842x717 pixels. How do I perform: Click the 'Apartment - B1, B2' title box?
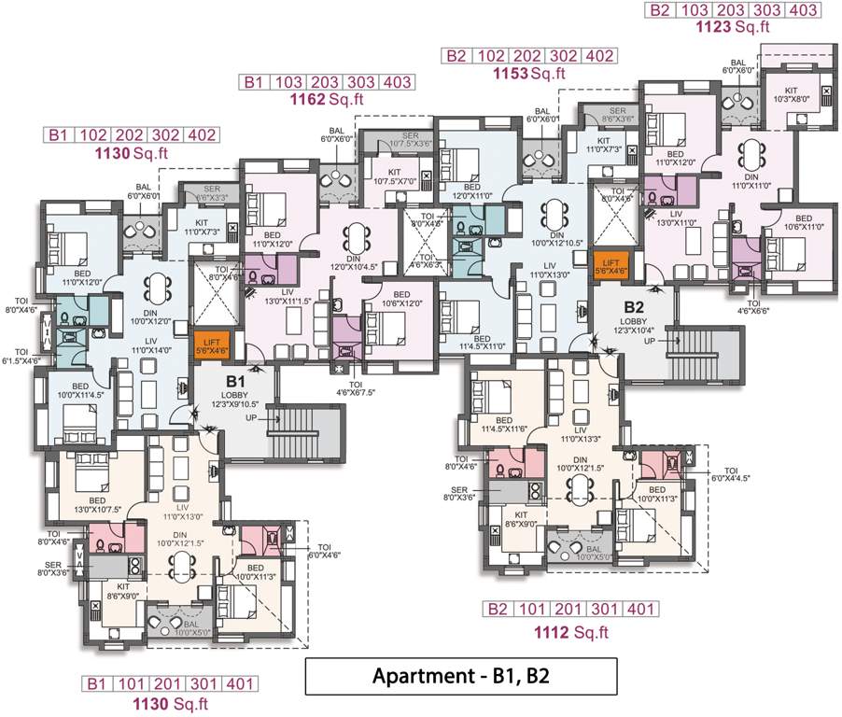[x=461, y=676]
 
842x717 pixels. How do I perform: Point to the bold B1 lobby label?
[x=235, y=381]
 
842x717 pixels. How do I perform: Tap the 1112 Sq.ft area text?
[x=570, y=632]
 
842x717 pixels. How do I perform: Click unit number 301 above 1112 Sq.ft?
[x=606, y=610]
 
